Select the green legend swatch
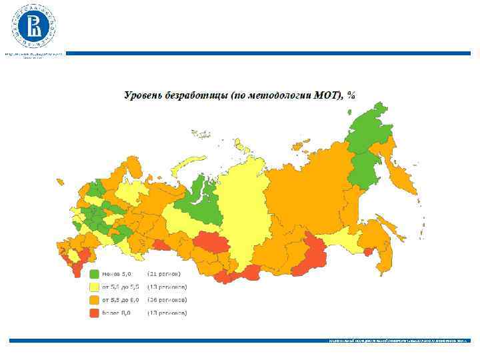pyautogui.click(x=94, y=274)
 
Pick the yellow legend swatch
pyautogui.click(x=94, y=287)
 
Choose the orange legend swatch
pyautogui.click(x=94, y=299)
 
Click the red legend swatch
pyautogui.click(x=94, y=312)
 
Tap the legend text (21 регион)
pyautogui.click(x=163, y=274)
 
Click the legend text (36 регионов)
pyautogui.click(x=167, y=299)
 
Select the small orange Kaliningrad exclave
pyautogui.click(x=60, y=181)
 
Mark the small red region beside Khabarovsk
pyautogui.click(x=367, y=251)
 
